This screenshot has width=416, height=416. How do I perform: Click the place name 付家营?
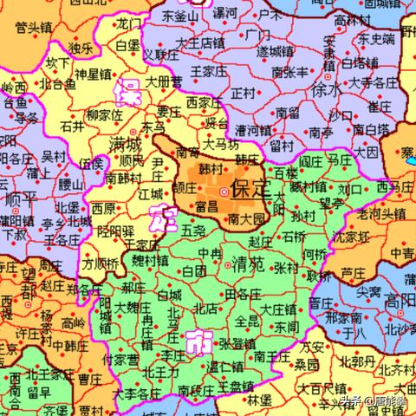[x=120, y=358]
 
